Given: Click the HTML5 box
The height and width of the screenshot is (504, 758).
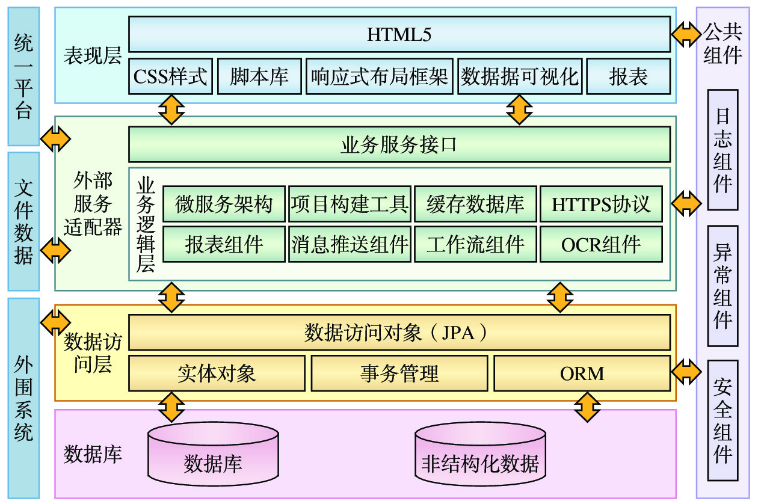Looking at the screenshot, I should [399, 34].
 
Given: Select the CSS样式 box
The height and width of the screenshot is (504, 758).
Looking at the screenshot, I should [170, 76].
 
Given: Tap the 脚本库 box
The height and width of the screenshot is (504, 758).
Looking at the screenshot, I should [259, 76].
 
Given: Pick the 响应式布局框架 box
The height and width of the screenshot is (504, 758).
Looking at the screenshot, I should [379, 76].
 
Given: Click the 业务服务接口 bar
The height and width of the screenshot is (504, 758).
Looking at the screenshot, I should [399, 144].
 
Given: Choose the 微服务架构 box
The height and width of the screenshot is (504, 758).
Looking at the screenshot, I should [224, 204].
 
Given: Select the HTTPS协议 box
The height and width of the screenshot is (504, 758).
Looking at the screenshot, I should [601, 204].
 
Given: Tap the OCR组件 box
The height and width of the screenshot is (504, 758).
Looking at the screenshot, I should [601, 244].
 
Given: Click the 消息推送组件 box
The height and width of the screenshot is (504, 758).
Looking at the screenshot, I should [350, 244].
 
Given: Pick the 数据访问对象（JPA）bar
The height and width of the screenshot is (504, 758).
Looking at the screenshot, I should [399, 333].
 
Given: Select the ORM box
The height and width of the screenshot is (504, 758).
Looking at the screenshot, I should [582, 373].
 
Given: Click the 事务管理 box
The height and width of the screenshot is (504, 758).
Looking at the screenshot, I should [399, 373].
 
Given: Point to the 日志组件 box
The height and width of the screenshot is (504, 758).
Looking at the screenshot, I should [723, 150].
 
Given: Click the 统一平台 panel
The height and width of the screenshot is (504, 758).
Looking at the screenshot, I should [24, 76].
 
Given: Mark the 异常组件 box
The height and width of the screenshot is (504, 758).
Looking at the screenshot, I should [723, 286].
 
